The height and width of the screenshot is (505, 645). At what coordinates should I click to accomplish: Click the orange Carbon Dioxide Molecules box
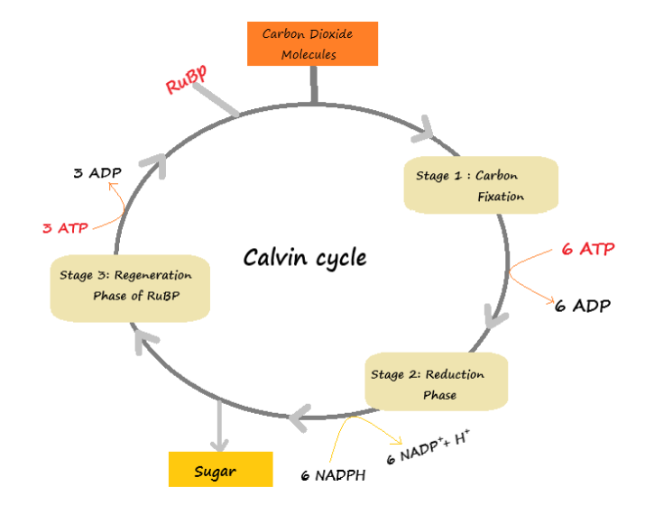tap(312, 44)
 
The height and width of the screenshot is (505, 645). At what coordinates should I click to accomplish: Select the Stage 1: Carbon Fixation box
tap(481, 185)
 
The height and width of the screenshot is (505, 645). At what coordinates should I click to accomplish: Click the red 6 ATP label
tap(587, 249)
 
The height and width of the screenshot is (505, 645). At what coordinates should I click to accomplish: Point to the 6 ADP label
tap(582, 306)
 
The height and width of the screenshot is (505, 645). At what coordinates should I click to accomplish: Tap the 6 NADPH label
tap(334, 475)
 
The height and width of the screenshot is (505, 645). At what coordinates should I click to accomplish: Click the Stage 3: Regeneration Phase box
tap(129, 286)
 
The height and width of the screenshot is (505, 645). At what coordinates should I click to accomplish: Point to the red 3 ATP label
tap(65, 228)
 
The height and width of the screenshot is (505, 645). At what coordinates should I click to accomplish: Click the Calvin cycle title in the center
tap(305, 258)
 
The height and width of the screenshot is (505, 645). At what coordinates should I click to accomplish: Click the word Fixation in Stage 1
tap(501, 197)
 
